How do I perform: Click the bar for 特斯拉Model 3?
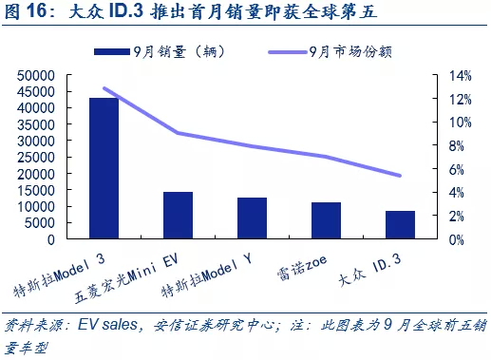[x=104, y=168]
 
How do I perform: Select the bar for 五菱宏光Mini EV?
[x=178, y=215]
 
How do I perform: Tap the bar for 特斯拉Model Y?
[x=252, y=218]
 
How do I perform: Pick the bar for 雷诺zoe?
[x=326, y=220]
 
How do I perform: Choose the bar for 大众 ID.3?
[x=400, y=224]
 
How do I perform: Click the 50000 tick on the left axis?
[x=36, y=76]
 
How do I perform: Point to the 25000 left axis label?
[x=36, y=158]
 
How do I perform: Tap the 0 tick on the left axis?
[x=51, y=240]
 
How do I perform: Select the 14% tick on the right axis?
[x=461, y=76]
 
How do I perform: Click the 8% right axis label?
[x=457, y=146]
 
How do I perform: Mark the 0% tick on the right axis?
[x=457, y=240]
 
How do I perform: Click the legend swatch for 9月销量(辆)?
[x=112, y=51]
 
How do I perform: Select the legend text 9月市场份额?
[x=350, y=52]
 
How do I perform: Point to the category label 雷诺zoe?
[x=302, y=268]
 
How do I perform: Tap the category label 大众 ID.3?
[x=369, y=270]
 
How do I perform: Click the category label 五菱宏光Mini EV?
[x=126, y=278]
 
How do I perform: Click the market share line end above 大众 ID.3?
[x=400, y=176]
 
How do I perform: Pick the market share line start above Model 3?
[x=104, y=88]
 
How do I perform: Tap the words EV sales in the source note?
[x=107, y=325]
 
